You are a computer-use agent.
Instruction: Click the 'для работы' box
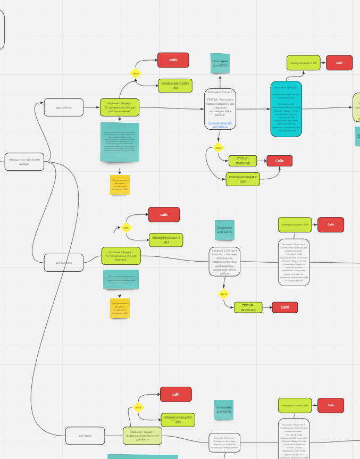coord(64,107)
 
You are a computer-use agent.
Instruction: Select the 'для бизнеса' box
coord(64,262)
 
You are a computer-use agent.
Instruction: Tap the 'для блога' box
coord(85,436)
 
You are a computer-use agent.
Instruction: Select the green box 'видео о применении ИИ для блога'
coord(142,435)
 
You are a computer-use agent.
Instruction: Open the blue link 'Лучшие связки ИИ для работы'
coord(220,124)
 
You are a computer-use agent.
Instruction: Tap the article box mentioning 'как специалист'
coord(220,109)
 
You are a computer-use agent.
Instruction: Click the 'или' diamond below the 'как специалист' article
coord(218,147)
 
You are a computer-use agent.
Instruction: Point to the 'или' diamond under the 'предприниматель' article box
coord(224,294)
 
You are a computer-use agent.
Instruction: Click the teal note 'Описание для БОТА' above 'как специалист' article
coord(220,63)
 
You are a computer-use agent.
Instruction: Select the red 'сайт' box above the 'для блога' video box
coord(175,394)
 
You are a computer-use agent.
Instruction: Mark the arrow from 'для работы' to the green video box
coord(91,107)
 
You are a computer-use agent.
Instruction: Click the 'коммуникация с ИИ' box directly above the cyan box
coord(304,63)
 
